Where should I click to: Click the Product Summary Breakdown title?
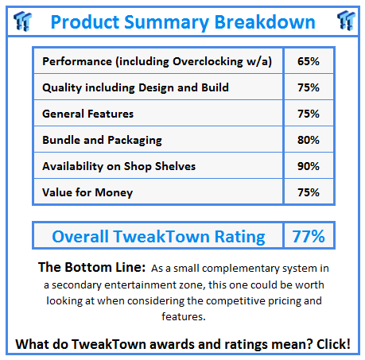[182, 21]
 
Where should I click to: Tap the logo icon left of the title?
[21, 20]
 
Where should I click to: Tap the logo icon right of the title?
[344, 20]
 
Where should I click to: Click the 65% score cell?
[308, 61]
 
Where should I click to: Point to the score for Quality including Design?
[308, 87]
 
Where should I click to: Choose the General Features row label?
[88, 114]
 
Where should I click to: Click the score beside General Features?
[308, 114]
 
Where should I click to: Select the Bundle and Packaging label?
[102, 140]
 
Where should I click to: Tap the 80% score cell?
[308, 140]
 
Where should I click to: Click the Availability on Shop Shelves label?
[119, 166]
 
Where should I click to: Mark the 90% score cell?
[308, 166]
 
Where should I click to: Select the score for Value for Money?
[308, 192]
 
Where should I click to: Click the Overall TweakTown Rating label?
[158, 236]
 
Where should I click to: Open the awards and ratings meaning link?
[182, 343]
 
